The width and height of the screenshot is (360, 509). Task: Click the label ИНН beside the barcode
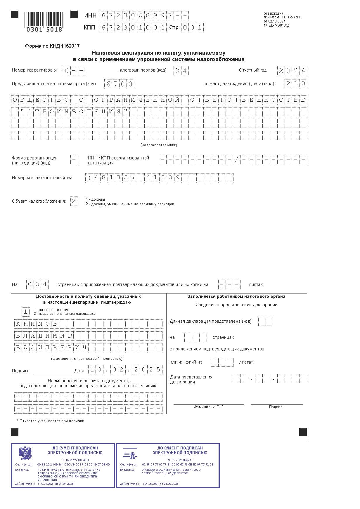pyautogui.click(x=90, y=15)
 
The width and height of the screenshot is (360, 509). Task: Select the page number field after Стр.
pyautogui.click(x=192, y=28)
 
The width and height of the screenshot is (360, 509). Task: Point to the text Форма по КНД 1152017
pyautogui.click(x=52, y=46)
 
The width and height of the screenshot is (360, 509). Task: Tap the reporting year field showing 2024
pyautogui.click(x=292, y=71)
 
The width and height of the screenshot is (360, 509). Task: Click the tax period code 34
pyautogui.click(x=181, y=71)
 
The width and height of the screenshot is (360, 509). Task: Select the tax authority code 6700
pyautogui.click(x=119, y=84)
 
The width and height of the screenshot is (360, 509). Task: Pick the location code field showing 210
pyautogui.click(x=296, y=84)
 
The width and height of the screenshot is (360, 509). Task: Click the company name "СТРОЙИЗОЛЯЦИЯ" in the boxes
pyautogui.click(x=74, y=112)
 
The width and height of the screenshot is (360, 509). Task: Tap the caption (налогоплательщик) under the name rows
pyautogui.click(x=159, y=145)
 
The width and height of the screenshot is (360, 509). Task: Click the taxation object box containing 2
pyautogui.click(x=74, y=201)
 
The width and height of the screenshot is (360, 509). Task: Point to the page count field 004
pyautogui.click(x=37, y=284)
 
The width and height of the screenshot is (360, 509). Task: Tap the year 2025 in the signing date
pyautogui.click(x=147, y=370)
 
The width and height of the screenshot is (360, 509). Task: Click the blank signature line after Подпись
pyautogui.click(x=52, y=371)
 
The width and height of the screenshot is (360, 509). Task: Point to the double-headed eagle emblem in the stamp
pyautogui.click(x=25, y=453)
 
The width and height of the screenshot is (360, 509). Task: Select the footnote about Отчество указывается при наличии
pyautogui.click(x=51, y=421)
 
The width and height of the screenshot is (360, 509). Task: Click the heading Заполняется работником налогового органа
pyautogui.click(x=236, y=296)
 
